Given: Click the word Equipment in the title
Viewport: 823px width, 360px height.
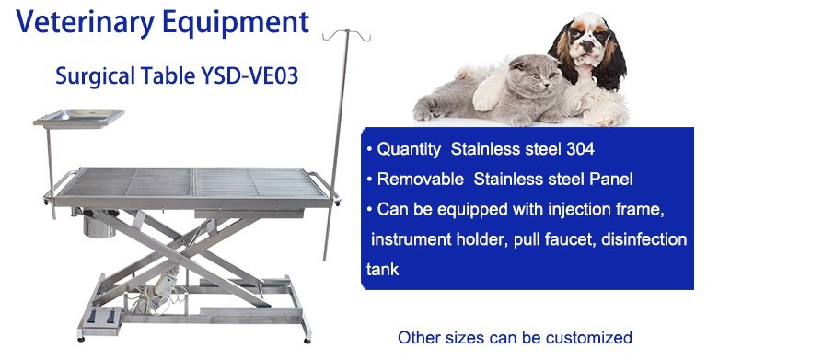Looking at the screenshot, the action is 236,23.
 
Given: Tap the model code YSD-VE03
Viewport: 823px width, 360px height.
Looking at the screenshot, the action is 249,76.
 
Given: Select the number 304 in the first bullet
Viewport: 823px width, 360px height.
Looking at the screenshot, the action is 580,149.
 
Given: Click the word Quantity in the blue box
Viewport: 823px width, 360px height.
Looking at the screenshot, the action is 409,150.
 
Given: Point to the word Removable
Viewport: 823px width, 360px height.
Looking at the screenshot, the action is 421,180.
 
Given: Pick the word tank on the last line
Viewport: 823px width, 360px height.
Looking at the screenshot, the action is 383,270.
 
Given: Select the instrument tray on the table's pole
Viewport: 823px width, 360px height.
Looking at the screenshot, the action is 79,118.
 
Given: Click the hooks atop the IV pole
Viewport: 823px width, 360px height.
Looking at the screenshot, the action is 346,35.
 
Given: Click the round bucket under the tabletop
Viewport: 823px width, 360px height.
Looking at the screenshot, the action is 99,226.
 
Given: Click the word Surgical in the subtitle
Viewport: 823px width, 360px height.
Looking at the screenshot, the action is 89,77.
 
